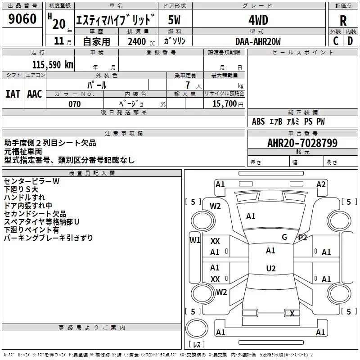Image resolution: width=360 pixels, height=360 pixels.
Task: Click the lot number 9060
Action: (22, 19)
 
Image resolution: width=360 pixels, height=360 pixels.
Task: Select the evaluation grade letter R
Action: (343, 21)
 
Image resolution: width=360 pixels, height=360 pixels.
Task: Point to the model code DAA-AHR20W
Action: (258, 41)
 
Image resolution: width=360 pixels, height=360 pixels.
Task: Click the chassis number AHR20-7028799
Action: (302, 144)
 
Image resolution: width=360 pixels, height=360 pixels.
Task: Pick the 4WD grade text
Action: (258, 20)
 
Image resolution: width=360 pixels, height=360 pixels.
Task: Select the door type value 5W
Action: (175, 20)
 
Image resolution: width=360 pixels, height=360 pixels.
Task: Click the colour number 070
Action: (75, 104)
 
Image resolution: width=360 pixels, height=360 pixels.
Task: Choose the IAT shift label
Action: (13, 94)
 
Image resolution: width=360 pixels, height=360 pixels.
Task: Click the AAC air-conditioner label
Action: (35, 94)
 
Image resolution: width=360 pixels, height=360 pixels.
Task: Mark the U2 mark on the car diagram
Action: (270, 269)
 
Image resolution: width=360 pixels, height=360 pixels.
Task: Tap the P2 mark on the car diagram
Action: (302, 238)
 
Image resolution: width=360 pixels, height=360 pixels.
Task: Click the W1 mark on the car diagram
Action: (195, 240)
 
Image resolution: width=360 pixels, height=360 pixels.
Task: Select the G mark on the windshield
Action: (284, 237)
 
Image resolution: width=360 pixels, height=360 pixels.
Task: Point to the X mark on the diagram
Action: (292, 314)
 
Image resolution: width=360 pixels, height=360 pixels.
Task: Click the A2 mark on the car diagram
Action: (321, 184)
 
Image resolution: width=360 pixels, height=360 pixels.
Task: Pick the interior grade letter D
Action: (350, 41)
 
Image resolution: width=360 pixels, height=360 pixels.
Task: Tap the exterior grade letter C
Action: (336, 41)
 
